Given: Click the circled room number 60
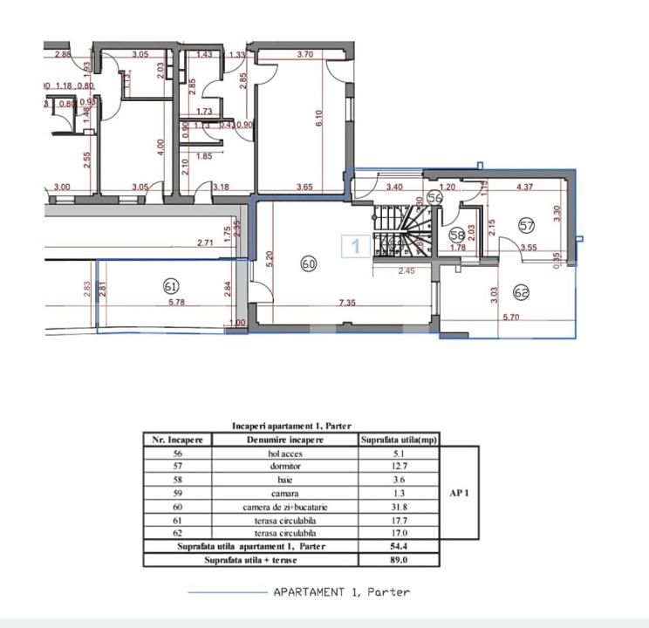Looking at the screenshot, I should (308, 263).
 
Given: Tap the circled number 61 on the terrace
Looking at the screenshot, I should (171, 285).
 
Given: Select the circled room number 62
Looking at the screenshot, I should (522, 292).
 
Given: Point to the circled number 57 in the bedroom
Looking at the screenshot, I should (526, 226).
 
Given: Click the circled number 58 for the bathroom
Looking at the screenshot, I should (457, 235).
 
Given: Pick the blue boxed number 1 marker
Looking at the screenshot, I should (355, 247).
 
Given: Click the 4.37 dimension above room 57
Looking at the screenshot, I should (525, 187).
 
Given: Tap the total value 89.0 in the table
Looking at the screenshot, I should (399, 559).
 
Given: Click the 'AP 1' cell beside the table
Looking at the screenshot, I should (460, 493).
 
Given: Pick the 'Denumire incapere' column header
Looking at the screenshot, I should (284, 440).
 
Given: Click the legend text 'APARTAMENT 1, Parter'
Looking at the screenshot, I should (341, 591).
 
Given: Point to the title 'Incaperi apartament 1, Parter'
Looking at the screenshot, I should (291, 426).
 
